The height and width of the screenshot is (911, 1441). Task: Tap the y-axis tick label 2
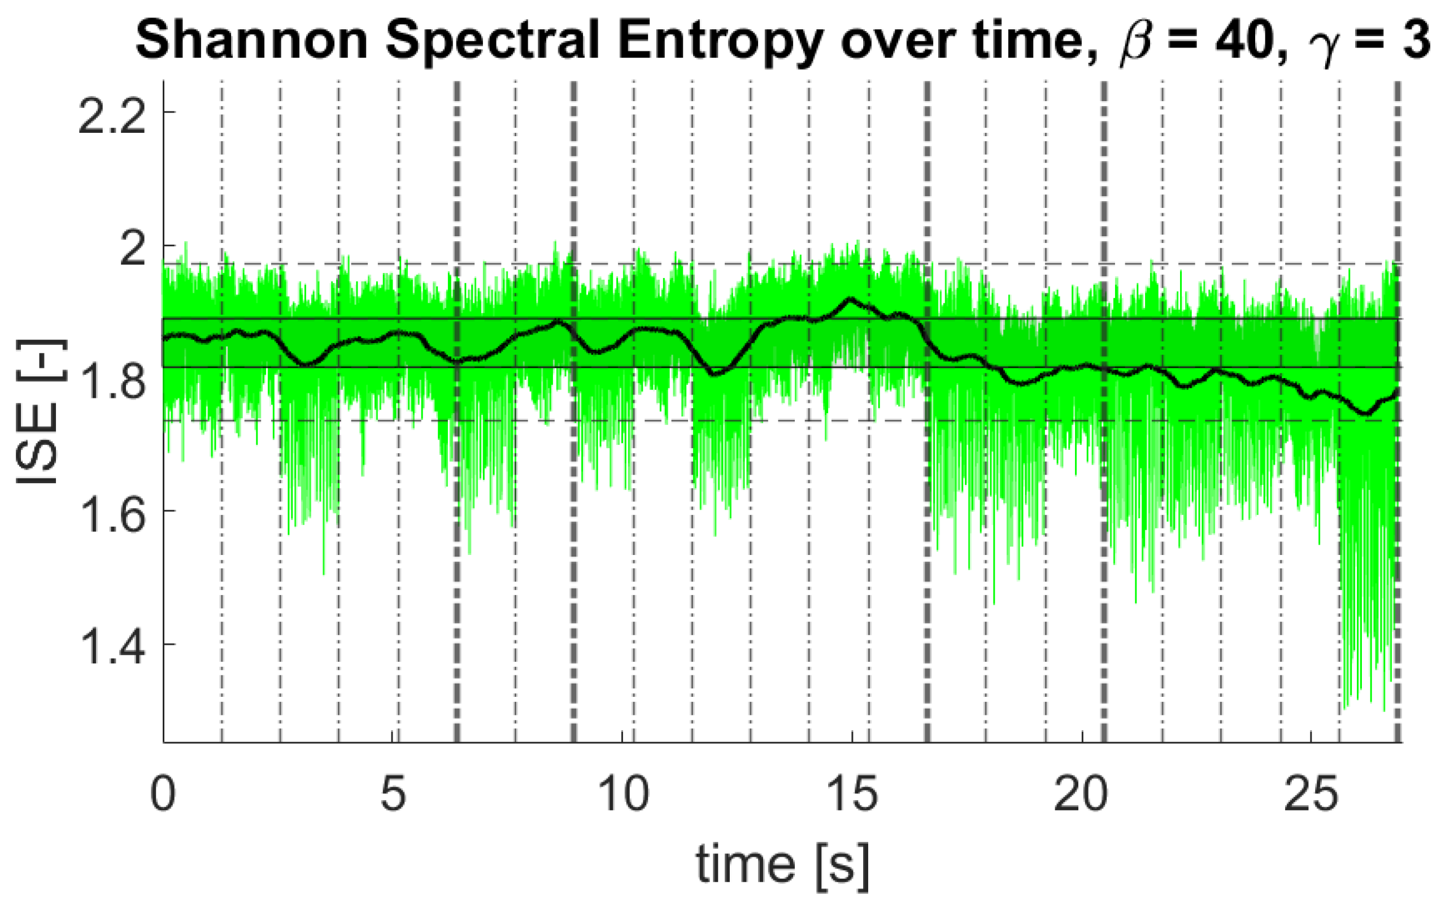(133, 248)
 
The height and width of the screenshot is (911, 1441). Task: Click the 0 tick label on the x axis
(163, 793)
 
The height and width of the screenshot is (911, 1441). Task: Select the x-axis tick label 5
(393, 793)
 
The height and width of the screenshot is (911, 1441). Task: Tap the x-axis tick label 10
(623, 793)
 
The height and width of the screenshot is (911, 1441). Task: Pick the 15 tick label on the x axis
(852, 793)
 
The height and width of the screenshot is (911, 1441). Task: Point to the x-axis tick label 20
(1082, 793)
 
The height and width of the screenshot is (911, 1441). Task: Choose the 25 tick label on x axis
(1311, 793)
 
